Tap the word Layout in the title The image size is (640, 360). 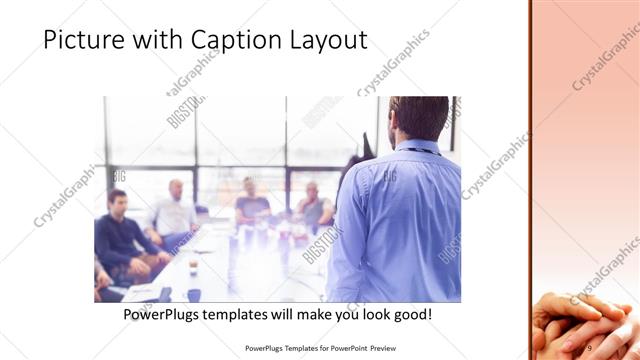(x=327, y=40)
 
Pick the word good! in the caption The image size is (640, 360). (x=410, y=314)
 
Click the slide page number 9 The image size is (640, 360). (x=589, y=347)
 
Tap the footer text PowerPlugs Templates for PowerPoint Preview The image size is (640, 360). (x=320, y=348)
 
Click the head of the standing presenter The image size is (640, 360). (x=418, y=118)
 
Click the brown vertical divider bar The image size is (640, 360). (x=530, y=180)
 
